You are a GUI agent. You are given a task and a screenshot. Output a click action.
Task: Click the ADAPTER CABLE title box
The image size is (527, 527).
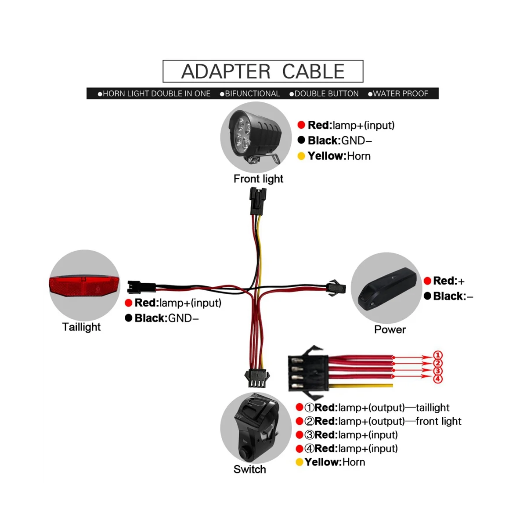[x=263, y=71]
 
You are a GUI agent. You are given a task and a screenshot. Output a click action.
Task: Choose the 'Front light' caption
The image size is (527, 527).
[x=258, y=179]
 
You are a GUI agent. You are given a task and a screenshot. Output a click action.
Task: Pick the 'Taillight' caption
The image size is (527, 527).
[x=81, y=327]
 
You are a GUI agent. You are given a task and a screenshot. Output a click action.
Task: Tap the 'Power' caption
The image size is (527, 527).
[x=390, y=329]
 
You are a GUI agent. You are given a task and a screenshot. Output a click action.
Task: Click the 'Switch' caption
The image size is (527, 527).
[x=249, y=469]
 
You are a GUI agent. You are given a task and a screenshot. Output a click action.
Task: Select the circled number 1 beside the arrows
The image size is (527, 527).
[x=438, y=355]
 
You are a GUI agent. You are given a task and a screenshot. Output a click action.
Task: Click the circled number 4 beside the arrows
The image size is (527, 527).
[x=438, y=379]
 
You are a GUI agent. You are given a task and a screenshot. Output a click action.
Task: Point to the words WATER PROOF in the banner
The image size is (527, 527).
[x=400, y=94]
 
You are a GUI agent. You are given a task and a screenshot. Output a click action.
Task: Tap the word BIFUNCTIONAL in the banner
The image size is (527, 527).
[x=252, y=94]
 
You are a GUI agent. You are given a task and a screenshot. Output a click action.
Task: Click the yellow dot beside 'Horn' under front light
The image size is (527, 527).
[x=301, y=156]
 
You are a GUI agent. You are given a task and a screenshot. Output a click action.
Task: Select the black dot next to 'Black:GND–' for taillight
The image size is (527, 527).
[x=128, y=318]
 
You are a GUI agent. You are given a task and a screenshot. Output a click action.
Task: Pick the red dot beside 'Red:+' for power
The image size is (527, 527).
[x=427, y=281]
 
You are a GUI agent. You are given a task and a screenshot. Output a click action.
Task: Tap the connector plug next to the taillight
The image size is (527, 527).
[x=141, y=287]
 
